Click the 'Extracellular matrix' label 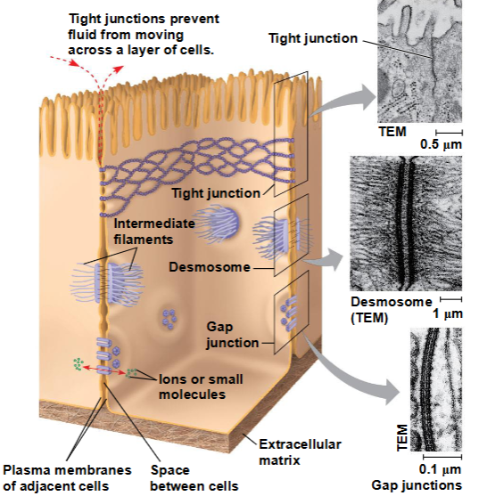click(x=300, y=452)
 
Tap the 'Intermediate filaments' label click(x=154, y=232)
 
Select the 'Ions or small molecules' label click(x=201, y=386)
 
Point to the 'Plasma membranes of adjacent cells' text click(x=67, y=477)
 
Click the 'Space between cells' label click(x=194, y=477)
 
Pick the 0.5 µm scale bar click(x=449, y=132)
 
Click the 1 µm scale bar click(x=450, y=299)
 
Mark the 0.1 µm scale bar click(x=442, y=457)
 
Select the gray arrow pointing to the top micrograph click(x=343, y=100)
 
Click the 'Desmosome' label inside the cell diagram click(x=210, y=267)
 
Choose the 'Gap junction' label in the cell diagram click(x=232, y=335)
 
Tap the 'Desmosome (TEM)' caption click(x=392, y=310)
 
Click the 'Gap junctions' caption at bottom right click(x=417, y=485)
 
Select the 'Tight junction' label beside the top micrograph click(x=313, y=38)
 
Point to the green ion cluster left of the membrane click(x=78, y=364)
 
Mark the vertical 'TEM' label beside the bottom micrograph click(x=401, y=437)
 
